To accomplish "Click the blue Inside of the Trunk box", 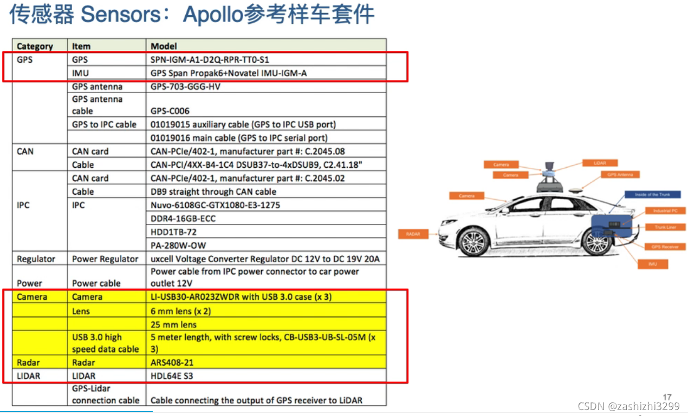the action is tap(652, 194).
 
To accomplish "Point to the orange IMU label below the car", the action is tap(653, 264).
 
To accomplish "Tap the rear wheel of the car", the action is tap(598, 242).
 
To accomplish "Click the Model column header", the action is tap(164, 46).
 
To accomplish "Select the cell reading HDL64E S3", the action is tap(171, 376).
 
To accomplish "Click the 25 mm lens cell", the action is tap(173, 325).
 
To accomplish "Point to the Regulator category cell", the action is tap(36, 259).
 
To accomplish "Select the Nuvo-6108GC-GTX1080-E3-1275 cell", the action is tap(215, 205).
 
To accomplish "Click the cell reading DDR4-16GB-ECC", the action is tap(183, 219).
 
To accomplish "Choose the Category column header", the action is tap(35, 46).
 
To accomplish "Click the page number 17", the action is tap(667, 397).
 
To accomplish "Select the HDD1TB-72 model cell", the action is tap(173, 232).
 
